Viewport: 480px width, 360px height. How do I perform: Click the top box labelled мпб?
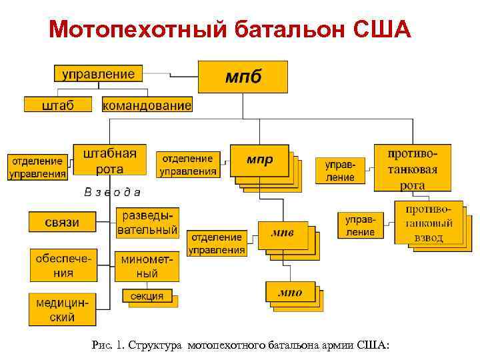(243, 77)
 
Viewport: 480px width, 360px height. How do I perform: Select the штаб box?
(58, 105)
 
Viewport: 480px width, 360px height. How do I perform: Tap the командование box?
(147, 105)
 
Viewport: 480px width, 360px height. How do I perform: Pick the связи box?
(61, 222)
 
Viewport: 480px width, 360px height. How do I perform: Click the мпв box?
(283, 233)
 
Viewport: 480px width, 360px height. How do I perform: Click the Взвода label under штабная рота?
(113, 193)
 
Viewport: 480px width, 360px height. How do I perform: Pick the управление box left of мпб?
(98, 74)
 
